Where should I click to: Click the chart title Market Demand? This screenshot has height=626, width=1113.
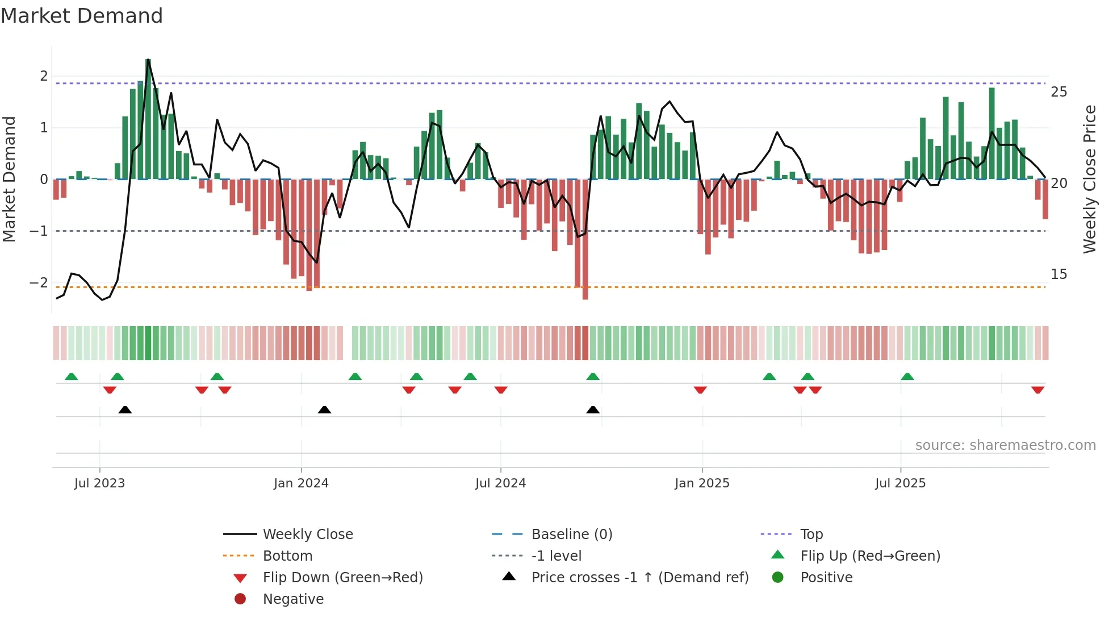[82, 16]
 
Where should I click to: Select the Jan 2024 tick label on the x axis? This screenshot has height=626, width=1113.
[301, 483]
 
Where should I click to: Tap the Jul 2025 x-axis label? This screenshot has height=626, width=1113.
[900, 483]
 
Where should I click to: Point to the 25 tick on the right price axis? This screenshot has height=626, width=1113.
[1058, 92]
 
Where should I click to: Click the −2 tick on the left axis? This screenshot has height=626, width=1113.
[39, 282]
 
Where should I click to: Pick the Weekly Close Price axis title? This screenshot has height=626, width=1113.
[1089, 179]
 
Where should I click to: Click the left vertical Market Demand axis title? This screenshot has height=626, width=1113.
[9, 179]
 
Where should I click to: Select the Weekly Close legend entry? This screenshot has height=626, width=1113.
[307, 535]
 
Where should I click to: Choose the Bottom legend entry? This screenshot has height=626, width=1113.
[287, 556]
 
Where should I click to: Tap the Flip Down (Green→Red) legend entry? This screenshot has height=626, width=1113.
[342, 578]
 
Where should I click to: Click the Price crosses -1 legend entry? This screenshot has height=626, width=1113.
[639, 578]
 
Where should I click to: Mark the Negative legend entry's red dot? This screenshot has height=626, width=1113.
[240, 599]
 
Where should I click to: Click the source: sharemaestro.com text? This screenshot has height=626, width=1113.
[1005, 445]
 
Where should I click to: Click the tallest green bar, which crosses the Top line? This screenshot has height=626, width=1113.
[148, 119]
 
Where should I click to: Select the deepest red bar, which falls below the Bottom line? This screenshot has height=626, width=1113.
[585, 239]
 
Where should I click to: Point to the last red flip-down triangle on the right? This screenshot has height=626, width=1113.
[1037, 390]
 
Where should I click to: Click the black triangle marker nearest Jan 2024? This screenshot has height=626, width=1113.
[324, 410]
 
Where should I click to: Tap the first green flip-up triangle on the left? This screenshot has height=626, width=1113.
[71, 377]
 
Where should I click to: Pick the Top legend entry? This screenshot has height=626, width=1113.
[811, 535]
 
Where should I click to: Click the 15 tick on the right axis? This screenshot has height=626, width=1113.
[1058, 274]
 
